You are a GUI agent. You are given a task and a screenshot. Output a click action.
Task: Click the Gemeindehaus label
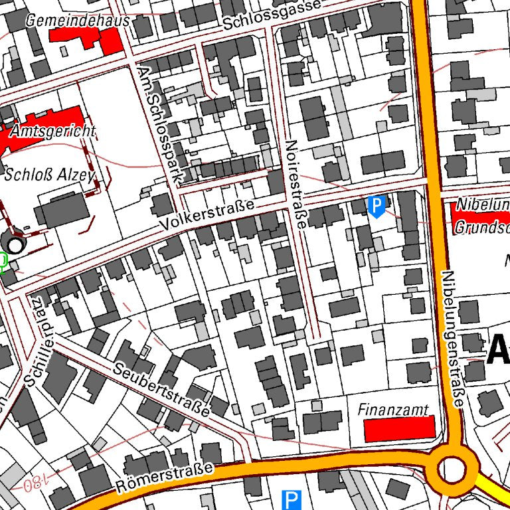coord(78,21)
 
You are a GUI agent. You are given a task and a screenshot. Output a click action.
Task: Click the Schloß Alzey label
coord(49,175)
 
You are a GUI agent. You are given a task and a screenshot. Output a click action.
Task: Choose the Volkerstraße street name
coord(207,216)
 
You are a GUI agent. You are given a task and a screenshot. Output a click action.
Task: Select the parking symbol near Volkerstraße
coord(377,206)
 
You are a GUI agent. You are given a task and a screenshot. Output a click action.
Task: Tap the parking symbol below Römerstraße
coord(291,499)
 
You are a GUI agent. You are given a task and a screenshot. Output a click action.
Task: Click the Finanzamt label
coord(393,409)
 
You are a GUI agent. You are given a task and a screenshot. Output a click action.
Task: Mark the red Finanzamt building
coord(399,429)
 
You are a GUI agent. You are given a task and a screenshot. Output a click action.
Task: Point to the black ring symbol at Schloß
coord(14,245)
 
